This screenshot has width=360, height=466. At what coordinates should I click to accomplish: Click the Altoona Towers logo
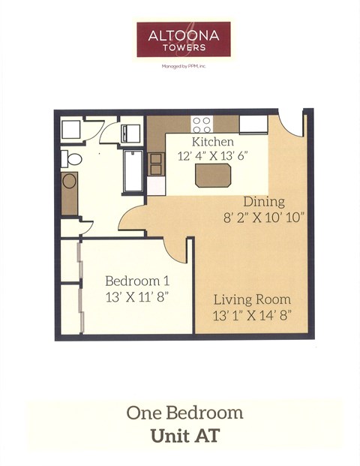pos(183,38)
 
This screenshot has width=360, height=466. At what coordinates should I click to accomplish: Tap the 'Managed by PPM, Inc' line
pos(183,66)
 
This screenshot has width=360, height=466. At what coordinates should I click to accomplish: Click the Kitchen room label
pos(212,142)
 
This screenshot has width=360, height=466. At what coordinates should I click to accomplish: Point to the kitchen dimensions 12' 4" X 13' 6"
pos(212,156)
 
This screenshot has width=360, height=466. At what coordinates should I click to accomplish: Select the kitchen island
pos(213,176)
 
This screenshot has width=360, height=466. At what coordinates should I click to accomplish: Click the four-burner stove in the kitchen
pos(201,124)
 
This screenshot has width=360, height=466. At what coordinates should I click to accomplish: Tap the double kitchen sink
pos(157,164)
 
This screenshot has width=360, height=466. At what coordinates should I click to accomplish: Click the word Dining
pos(263,202)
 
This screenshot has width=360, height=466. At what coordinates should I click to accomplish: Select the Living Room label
pos(251,299)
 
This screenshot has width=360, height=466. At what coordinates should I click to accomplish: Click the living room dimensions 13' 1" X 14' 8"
pos(251,315)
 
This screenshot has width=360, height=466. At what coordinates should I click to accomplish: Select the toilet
pos(73,158)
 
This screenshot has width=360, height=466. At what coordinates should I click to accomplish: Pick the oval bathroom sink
pos(69,182)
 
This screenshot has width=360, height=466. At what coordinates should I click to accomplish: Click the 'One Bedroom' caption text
pos(184,413)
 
